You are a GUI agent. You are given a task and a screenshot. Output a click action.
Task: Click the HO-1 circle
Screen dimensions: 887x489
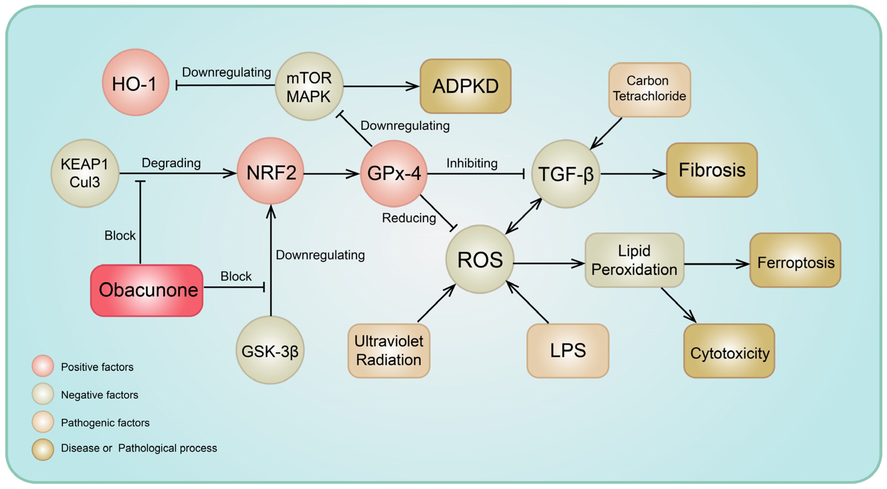click(135, 82)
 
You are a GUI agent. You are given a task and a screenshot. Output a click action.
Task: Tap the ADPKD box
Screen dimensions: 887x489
click(465, 86)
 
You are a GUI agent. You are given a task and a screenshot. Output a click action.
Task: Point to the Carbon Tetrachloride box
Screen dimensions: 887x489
click(649, 89)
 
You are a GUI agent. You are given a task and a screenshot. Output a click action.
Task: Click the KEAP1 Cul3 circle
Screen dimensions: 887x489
click(85, 173)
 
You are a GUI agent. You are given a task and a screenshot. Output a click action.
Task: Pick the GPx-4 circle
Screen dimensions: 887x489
click(394, 173)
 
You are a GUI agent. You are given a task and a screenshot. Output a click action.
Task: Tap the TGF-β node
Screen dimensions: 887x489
click(565, 174)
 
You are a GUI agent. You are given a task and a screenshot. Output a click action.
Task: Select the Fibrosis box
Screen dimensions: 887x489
click(712, 170)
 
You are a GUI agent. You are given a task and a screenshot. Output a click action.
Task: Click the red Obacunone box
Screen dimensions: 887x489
click(147, 290)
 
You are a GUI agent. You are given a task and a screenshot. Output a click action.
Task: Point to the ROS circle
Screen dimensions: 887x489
click(480, 259)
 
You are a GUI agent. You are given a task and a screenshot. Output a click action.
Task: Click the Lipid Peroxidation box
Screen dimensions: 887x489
click(634, 260)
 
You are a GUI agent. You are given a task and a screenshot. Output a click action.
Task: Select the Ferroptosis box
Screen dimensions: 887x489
click(795, 260)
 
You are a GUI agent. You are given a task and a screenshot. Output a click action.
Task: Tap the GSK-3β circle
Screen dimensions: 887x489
click(270, 350)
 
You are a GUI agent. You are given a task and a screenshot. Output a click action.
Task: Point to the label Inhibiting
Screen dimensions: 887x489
click(472, 163)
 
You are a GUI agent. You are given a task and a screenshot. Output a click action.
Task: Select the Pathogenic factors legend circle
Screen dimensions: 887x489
click(43, 422)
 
